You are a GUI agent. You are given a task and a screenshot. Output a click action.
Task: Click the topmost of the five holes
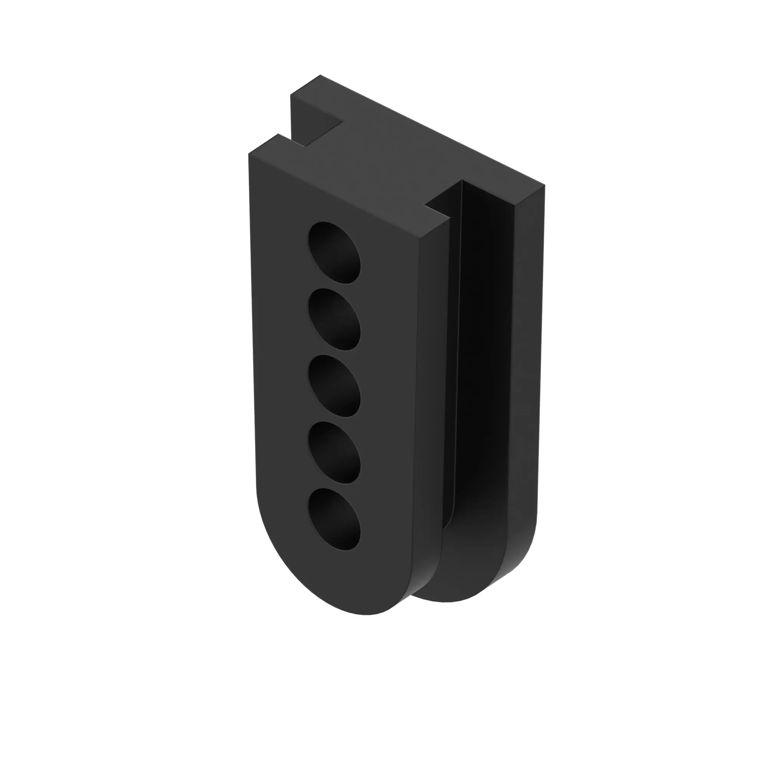tap(335, 253)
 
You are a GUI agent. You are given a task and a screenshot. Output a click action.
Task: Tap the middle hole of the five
tap(335, 386)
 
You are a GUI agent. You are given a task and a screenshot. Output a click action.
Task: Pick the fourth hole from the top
tap(335, 453)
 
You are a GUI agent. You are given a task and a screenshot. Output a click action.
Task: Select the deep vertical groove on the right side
tap(486, 337)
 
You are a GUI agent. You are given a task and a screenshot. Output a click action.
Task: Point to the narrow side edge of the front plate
tap(431, 397)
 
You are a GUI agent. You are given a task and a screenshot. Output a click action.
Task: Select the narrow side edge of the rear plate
tap(526, 377)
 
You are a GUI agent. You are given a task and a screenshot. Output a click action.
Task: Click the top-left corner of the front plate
tap(249, 154)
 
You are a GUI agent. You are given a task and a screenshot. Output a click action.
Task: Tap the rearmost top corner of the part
tap(320, 75)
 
